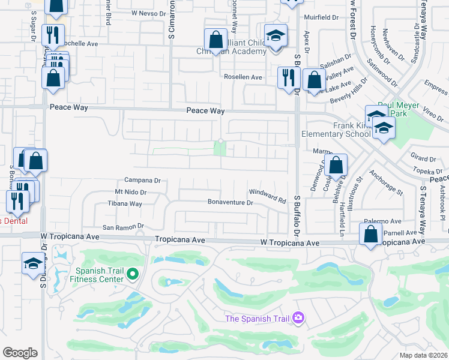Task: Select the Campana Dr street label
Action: point(142,180)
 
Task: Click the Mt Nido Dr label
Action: point(130,193)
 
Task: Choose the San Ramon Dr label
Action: point(124,227)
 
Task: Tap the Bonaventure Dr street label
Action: point(231,203)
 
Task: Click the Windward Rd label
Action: point(267,195)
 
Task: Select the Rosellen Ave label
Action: point(243,77)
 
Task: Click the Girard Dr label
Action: point(423,159)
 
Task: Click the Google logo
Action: point(20,353)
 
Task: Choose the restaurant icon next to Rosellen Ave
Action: point(288,77)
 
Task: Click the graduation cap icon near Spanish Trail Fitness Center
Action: point(32,263)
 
